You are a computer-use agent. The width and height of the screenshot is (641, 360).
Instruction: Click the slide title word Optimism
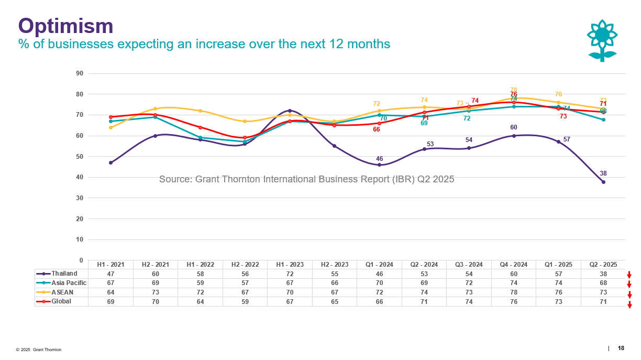66,26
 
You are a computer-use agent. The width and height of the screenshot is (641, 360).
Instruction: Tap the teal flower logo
602,41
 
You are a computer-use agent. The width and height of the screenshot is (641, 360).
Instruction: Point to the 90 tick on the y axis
80,73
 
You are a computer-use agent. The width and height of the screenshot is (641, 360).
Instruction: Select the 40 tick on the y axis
80,177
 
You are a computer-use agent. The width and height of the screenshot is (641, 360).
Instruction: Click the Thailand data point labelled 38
603,182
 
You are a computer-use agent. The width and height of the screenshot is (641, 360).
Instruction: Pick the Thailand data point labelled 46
379,165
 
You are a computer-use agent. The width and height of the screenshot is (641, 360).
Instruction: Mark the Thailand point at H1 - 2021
110,162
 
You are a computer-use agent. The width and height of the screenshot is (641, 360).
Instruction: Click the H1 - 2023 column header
290,265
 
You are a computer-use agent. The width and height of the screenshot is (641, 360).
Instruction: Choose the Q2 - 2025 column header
603,265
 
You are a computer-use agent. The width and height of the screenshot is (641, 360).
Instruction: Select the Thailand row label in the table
64,274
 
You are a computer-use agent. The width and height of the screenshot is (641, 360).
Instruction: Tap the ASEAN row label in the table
62,292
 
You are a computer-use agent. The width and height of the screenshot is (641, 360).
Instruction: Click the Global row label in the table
62,301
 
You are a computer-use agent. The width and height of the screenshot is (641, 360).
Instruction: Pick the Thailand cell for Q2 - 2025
603,274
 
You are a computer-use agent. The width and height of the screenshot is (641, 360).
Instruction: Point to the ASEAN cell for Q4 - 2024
514,292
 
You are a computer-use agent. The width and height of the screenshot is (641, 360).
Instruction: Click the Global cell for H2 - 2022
245,302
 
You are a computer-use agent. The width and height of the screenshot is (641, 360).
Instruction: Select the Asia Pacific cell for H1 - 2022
200,283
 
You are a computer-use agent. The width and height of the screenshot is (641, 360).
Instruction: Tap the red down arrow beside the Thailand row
629,275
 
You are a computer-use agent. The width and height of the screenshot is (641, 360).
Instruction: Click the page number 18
621,348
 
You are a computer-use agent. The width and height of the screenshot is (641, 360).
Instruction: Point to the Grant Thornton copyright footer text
38,350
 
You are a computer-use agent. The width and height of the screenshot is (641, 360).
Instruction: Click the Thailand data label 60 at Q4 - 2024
514,127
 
